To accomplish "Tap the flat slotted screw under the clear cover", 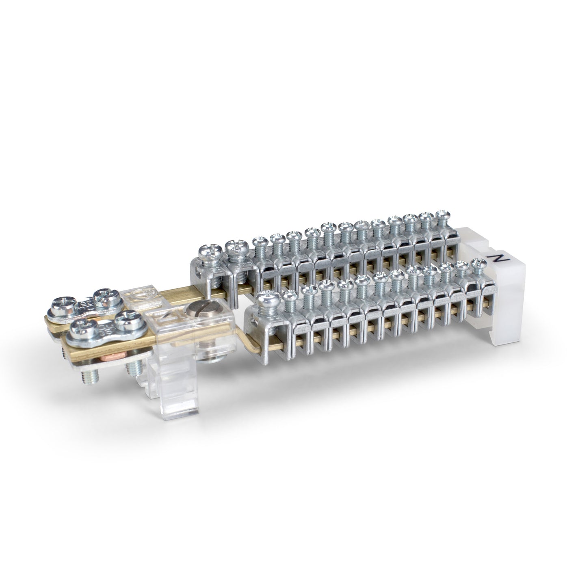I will coord(195,313).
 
